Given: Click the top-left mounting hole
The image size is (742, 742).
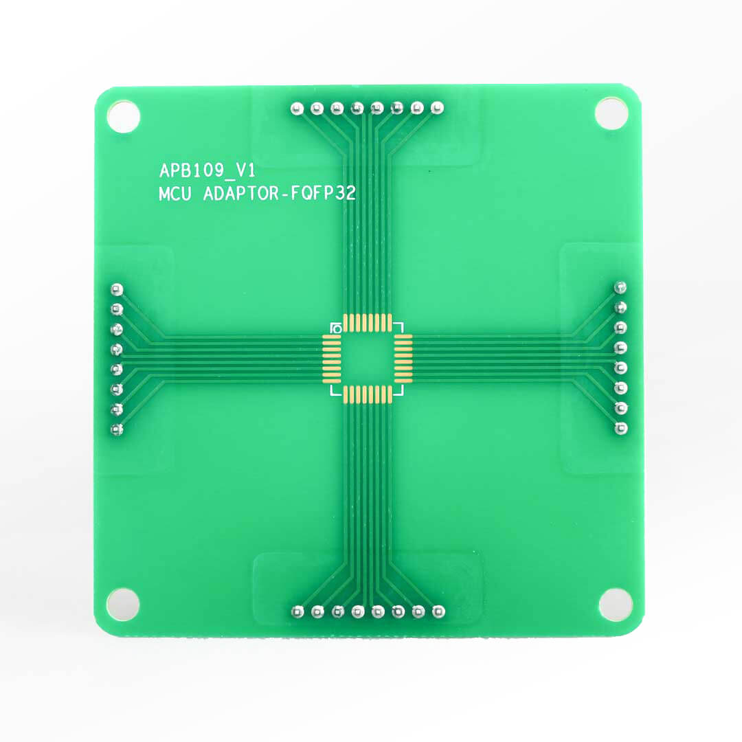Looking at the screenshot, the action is point(123,116).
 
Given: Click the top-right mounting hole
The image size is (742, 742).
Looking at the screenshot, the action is point(611,113).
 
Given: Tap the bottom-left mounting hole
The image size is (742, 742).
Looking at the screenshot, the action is point(123,604).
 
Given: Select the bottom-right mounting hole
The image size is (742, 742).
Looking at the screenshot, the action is point(616,605).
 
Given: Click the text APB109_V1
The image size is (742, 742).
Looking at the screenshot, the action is point(207,170).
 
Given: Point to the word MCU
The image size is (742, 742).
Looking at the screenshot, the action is point(175,194).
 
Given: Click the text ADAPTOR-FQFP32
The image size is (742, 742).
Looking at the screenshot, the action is point(279,194).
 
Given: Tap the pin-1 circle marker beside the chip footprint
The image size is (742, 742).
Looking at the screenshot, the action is point(337,328).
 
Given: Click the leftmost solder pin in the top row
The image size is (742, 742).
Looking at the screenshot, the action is point(297,109).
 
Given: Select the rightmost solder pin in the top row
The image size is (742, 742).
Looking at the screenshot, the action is point(437,107).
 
